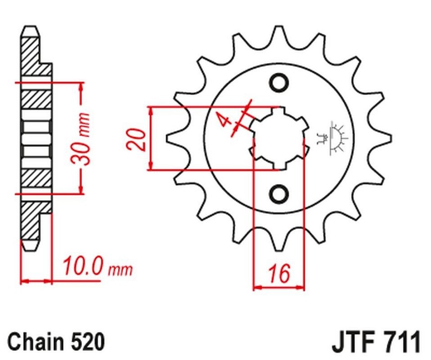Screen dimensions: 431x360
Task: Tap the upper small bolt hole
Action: (x=279, y=82)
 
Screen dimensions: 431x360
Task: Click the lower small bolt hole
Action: (x=279, y=194)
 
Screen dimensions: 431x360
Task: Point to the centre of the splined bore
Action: (x=279, y=138)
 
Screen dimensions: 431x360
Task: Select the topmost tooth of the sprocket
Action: (x=279, y=36)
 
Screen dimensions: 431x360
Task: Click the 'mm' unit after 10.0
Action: (x=121, y=270)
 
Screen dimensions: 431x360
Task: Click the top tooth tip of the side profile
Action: (x=31, y=27)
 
